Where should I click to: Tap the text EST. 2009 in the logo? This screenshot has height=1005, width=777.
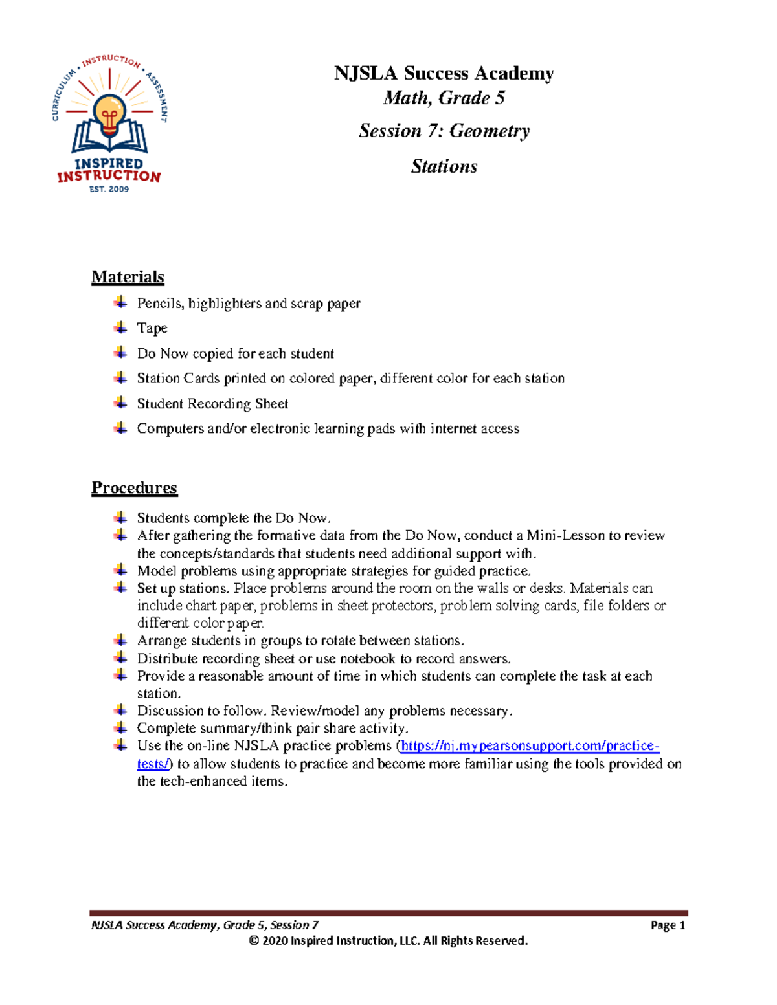[x=109, y=190]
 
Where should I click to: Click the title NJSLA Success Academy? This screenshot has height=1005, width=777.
[x=444, y=73]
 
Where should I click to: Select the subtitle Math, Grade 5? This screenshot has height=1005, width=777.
[x=444, y=98]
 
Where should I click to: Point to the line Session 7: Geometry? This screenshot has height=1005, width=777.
[x=444, y=131]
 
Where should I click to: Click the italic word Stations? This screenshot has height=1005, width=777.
[x=444, y=167]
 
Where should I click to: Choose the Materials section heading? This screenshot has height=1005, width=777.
[x=128, y=277]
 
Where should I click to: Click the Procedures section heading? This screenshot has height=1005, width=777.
[x=134, y=488]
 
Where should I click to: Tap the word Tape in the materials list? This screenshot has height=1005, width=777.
[x=152, y=329]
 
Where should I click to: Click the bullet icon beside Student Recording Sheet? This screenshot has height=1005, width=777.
[x=120, y=403]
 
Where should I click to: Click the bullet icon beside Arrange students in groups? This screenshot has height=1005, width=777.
[x=120, y=641]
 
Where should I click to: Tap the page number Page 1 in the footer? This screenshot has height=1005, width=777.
[x=668, y=925]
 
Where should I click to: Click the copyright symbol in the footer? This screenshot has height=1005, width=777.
[x=254, y=941]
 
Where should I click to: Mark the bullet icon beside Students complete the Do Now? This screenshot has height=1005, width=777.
[x=120, y=518]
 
